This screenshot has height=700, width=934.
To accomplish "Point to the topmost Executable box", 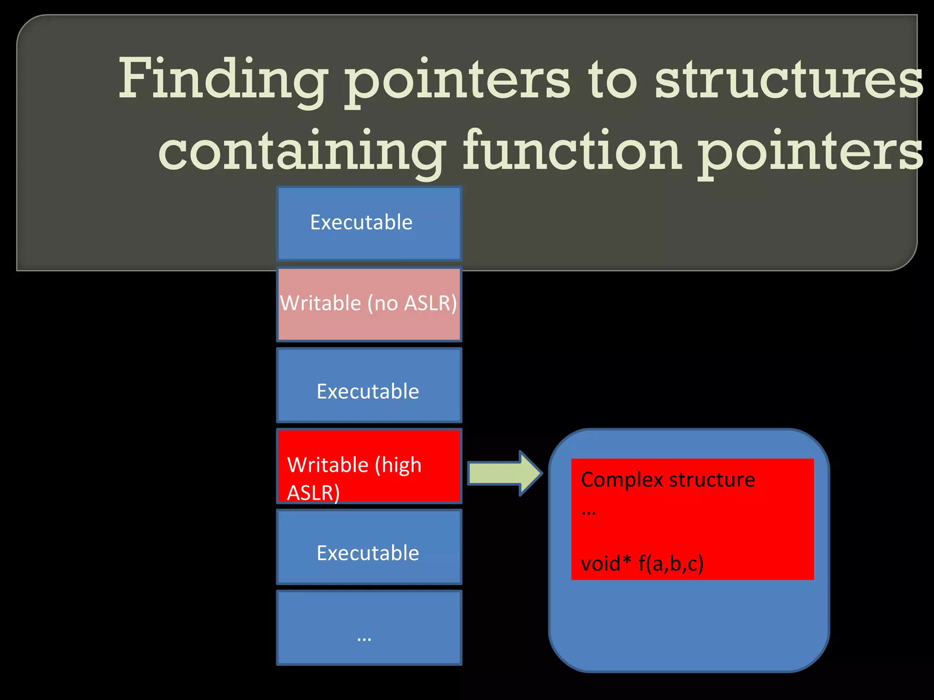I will point(368,223).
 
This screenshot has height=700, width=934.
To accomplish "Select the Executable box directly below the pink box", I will point(368,385).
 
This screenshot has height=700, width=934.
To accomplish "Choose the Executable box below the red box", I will point(368,547).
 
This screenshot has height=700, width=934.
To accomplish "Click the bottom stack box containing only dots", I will point(368,628).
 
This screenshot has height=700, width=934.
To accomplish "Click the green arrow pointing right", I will point(504,473).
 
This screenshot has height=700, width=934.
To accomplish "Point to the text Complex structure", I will point(668,479).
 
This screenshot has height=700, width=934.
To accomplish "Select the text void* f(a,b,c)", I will point(642,563).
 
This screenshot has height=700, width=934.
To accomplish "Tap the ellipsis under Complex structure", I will point(588,513).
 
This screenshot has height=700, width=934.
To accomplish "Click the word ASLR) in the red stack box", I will point(313,493).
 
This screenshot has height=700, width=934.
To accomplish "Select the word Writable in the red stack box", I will point(328,465).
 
